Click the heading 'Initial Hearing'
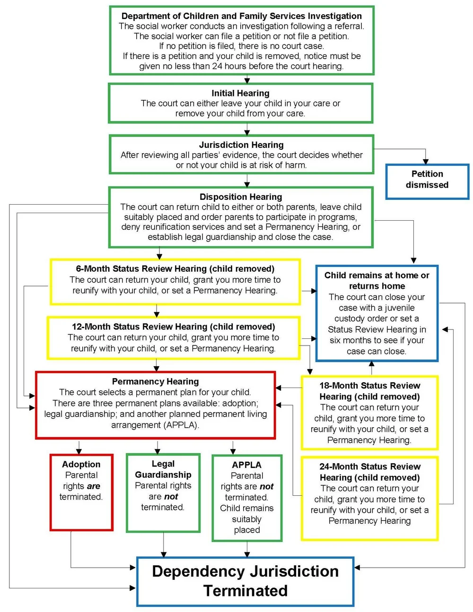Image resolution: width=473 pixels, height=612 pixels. (x=240, y=93)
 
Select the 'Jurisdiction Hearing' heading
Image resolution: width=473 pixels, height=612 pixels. (x=241, y=145)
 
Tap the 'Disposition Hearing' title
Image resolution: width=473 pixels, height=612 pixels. (x=241, y=197)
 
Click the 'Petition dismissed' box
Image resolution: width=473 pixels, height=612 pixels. (x=427, y=180)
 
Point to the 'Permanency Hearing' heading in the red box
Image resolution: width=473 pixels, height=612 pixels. (x=155, y=381)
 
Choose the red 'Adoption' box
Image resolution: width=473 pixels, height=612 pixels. (x=81, y=491)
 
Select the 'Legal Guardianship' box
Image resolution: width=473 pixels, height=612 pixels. (x=163, y=491)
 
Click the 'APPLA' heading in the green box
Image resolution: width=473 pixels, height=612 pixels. (x=246, y=465)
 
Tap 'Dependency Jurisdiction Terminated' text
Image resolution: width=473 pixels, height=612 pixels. (x=245, y=581)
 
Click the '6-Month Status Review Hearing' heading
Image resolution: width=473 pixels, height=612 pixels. (x=175, y=268)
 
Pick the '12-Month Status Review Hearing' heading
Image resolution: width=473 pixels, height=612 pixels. (x=173, y=327)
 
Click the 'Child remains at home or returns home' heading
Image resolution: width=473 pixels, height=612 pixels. (x=377, y=280)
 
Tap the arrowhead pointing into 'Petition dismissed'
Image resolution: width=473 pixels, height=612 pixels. (x=426, y=161)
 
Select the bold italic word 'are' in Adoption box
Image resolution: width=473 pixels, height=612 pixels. (x=93, y=486)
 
